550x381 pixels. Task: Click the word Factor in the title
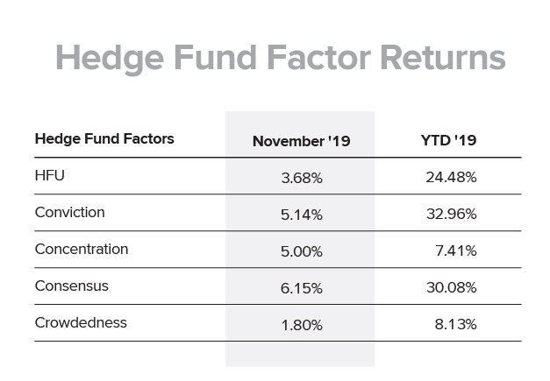tap(318, 58)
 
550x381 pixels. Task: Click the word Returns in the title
tap(443, 58)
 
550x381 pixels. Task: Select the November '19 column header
tap(301, 141)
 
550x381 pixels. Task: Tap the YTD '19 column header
tap(448, 140)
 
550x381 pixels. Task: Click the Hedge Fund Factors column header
tap(104, 138)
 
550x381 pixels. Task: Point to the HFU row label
tap(49, 175)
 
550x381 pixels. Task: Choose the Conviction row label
tap(69, 212)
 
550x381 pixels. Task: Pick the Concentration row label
tap(82, 249)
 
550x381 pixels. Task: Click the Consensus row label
tap(72, 286)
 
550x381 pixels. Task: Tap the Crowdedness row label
tap(81, 322)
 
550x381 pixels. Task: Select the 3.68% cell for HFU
tap(302, 178)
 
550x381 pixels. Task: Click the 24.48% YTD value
tap(451, 177)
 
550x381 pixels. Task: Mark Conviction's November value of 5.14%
tap(302, 215)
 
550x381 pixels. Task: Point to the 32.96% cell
tap(452, 214)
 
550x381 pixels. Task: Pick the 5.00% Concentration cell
tap(302, 251)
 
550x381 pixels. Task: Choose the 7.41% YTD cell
tap(456, 250)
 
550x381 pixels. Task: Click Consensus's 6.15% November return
tap(302, 288)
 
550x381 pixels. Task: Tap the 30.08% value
tap(452, 287)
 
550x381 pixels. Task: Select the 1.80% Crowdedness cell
tap(302, 325)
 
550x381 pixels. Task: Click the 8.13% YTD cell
tap(455, 324)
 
